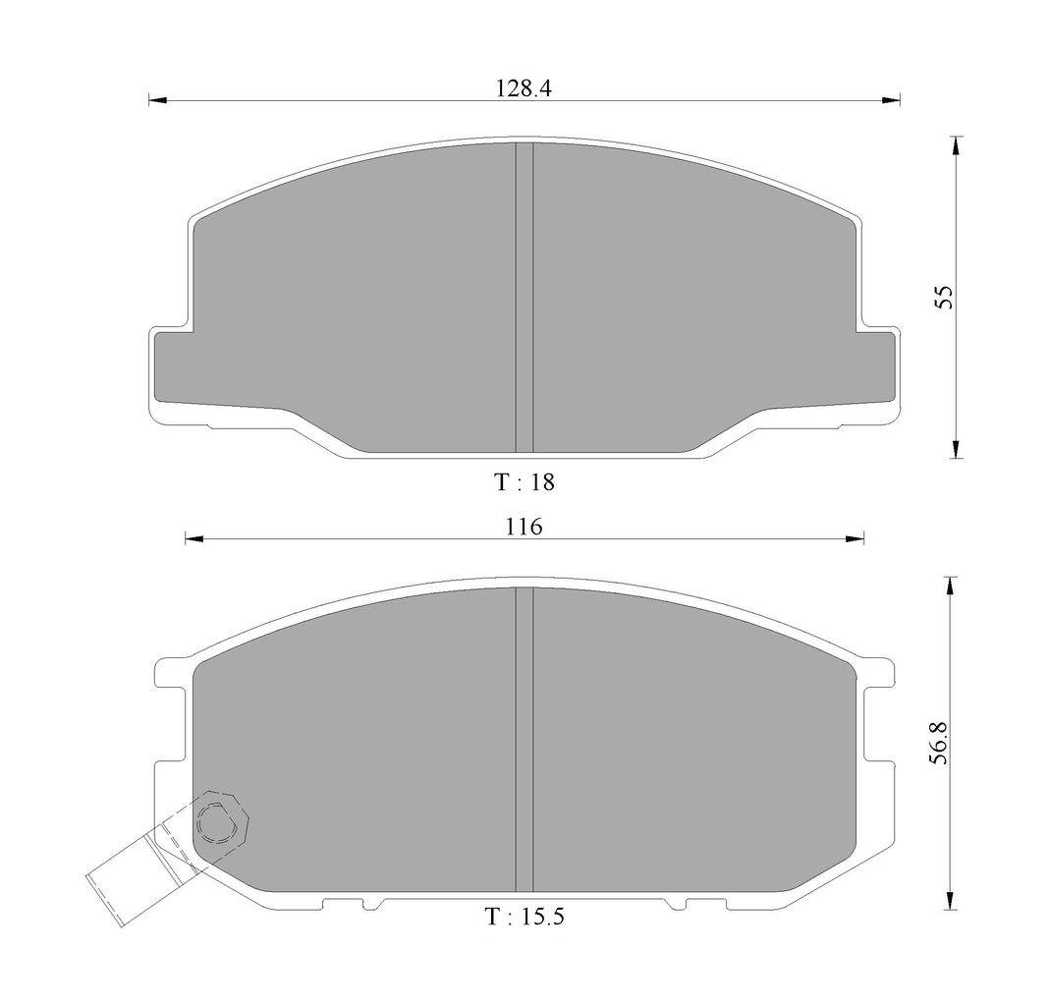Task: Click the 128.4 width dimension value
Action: (524, 88)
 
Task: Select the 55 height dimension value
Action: (943, 297)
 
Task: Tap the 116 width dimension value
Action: (524, 528)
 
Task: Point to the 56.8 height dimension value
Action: (940, 743)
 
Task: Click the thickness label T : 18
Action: (525, 481)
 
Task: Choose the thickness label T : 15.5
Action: (525, 916)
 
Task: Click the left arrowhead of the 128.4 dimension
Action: (157, 100)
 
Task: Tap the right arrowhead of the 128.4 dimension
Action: (891, 100)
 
